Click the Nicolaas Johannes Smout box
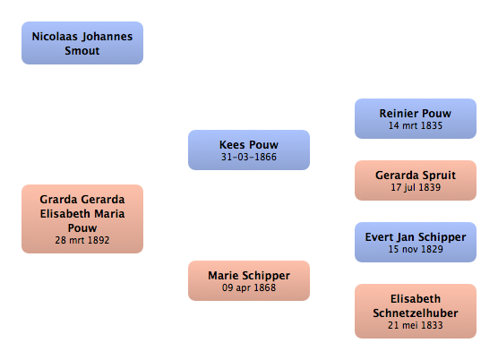82,43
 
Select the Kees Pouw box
249,150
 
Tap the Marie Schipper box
249,280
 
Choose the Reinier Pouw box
416,118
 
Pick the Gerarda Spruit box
416,180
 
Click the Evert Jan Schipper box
416,242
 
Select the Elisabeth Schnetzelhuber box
416,311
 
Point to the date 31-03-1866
249,157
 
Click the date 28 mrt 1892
82,240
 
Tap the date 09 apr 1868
249,287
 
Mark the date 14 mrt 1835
416,125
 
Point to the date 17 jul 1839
416,187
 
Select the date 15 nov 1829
416,249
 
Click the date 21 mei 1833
416,325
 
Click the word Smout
82,51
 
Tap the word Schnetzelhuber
416,313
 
